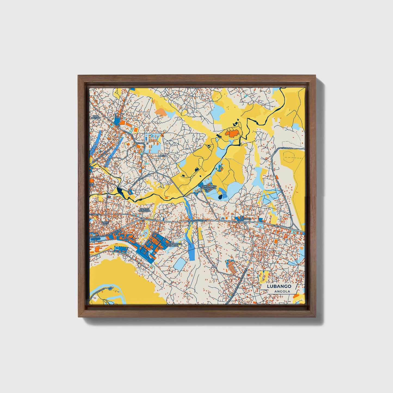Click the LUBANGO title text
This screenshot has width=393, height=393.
[x=279, y=286]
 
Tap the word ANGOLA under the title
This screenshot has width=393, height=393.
[x=282, y=291]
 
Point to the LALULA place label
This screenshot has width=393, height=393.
[x=162, y=156]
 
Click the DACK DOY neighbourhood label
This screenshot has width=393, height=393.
[x=105, y=223]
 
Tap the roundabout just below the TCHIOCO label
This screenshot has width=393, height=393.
[x=245, y=224]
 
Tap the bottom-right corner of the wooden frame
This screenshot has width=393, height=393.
[x=316, y=317]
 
